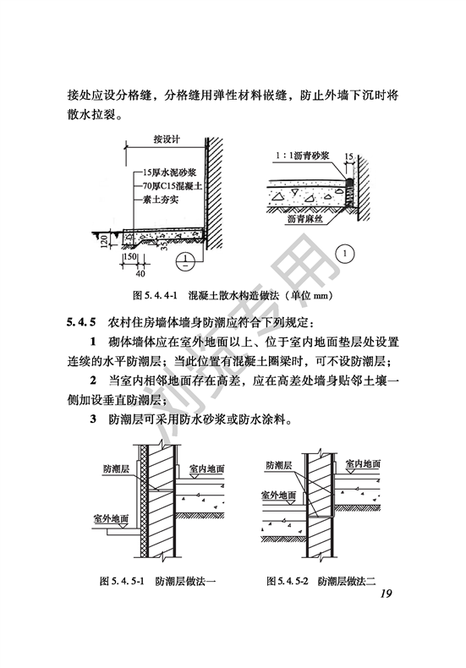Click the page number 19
pyautogui.click(x=386, y=594)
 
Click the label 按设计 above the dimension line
pyautogui.click(x=167, y=140)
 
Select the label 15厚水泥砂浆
pyautogui.click(x=169, y=172)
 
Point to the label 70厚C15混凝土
pyautogui.click(x=172, y=186)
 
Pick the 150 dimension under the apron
pyautogui.click(x=129, y=257)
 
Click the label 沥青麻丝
pyautogui.click(x=305, y=219)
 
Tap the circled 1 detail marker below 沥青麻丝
pyautogui.click(x=345, y=255)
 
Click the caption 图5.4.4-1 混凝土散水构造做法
pyautogui.click(x=233, y=295)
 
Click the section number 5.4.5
pyautogui.click(x=82, y=322)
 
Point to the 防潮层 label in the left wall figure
pyautogui.click(x=116, y=469)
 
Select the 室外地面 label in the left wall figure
pyautogui.click(x=111, y=519)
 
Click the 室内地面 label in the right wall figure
pyautogui.click(x=363, y=464)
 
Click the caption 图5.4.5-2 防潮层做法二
pyautogui.click(x=321, y=581)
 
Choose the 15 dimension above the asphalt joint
pyautogui.click(x=348, y=156)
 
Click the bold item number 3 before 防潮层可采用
pyautogui.click(x=93, y=419)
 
